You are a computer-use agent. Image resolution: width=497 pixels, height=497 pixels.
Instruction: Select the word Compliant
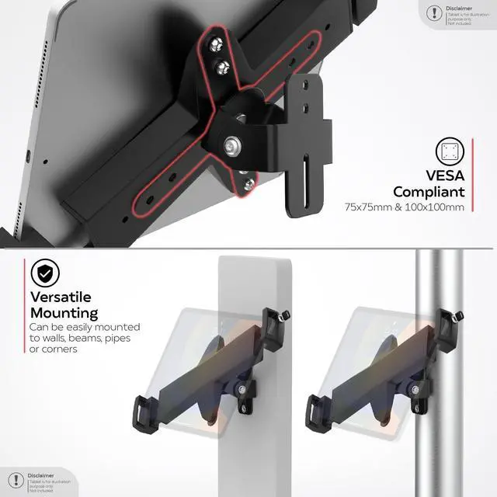429,192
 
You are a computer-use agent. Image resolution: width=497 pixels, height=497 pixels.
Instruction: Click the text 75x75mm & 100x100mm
404,207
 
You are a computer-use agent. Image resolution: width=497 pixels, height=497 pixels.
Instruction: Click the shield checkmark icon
47,273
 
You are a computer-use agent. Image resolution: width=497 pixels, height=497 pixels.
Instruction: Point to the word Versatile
61,297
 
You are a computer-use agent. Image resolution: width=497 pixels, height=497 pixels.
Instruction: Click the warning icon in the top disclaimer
433,12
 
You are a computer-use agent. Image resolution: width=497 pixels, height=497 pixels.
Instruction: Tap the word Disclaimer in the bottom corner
40,475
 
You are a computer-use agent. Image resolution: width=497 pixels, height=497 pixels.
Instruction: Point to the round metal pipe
439,280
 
